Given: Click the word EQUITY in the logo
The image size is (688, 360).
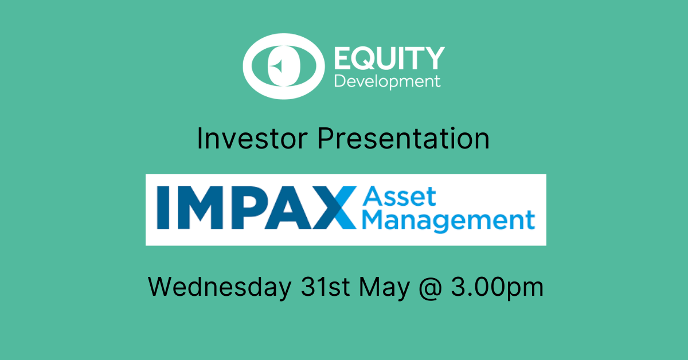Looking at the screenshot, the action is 389,58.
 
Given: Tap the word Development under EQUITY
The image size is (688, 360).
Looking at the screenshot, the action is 388,81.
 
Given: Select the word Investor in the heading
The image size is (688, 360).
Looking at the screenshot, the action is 252,139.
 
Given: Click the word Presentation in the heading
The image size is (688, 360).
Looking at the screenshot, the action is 403,139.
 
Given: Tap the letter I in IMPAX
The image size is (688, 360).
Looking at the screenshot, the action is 163,208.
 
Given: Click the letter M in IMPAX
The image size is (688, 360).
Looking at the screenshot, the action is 200,208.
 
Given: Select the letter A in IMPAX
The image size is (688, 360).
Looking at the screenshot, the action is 288,208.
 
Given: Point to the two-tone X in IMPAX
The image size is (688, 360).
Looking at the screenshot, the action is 334,208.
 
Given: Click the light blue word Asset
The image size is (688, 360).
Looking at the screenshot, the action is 399,196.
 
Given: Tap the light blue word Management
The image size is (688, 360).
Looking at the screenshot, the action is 449,221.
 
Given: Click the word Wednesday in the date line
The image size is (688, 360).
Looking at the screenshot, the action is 220,287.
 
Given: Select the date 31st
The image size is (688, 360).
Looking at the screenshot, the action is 325,287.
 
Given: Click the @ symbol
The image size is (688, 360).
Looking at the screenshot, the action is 431,288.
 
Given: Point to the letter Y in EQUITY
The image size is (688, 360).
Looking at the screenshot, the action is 435,58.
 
